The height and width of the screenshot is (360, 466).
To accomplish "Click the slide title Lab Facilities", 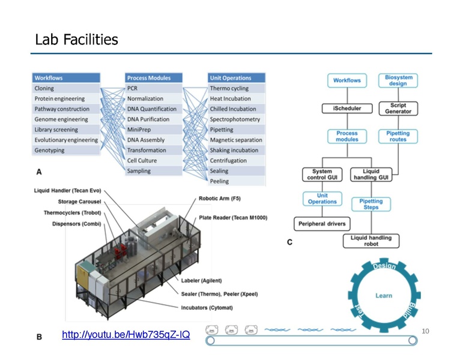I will click(76, 40).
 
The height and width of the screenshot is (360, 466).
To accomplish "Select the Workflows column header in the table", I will click(49, 78).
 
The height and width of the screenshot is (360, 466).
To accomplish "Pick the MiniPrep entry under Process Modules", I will click(139, 130).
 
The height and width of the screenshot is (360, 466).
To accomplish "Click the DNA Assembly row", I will click(146, 140).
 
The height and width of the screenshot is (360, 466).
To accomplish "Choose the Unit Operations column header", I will click(231, 78).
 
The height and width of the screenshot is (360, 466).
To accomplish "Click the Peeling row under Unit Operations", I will click(219, 181).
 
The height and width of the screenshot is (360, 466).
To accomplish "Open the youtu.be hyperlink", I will click(126, 335).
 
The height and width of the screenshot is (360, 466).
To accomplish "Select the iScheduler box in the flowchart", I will click(346, 108).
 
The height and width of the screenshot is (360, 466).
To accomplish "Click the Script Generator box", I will click(398, 108).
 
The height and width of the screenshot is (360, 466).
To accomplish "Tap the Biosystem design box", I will click(398, 80).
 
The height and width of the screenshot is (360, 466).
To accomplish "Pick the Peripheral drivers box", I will click(321, 224).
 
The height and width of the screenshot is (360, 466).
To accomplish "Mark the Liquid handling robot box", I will click(371, 241).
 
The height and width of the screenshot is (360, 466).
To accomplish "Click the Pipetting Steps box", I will click(371, 204).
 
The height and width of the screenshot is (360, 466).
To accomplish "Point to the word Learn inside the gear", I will click(384, 296).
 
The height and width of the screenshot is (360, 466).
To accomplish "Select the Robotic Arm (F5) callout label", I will click(220, 199).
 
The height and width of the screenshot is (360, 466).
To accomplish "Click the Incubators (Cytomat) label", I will click(208, 307).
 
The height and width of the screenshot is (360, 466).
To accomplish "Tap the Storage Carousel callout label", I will click(80, 202).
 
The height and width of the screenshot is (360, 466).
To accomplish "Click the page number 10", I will click(426, 331).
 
